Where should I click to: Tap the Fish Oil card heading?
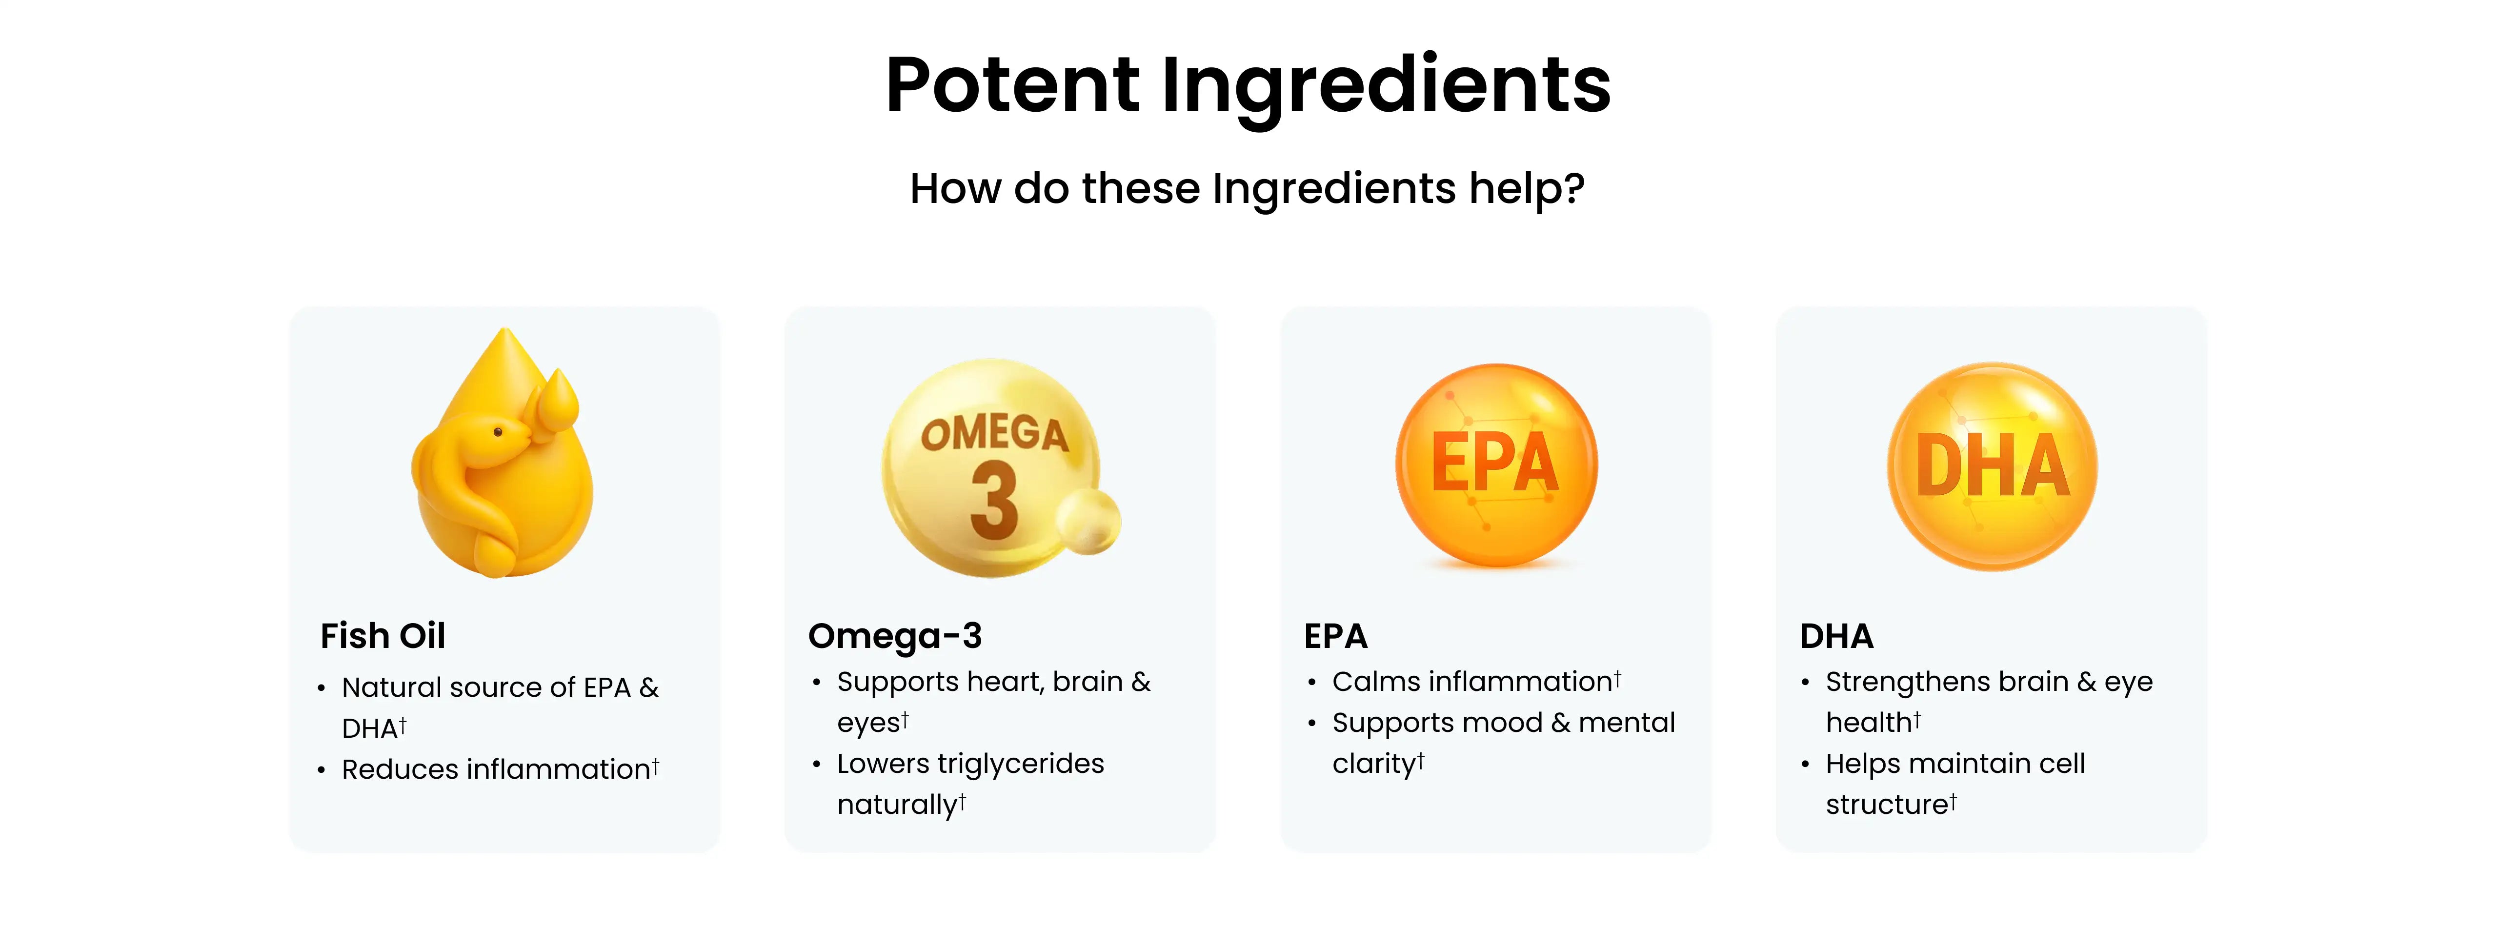(383, 636)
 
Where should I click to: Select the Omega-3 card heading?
(895, 636)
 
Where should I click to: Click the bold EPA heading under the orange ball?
(1335, 636)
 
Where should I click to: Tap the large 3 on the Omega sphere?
(994, 501)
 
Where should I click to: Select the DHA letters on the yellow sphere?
(1994, 465)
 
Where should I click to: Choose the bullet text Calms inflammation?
(1476, 682)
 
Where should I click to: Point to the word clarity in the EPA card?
(1373, 764)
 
